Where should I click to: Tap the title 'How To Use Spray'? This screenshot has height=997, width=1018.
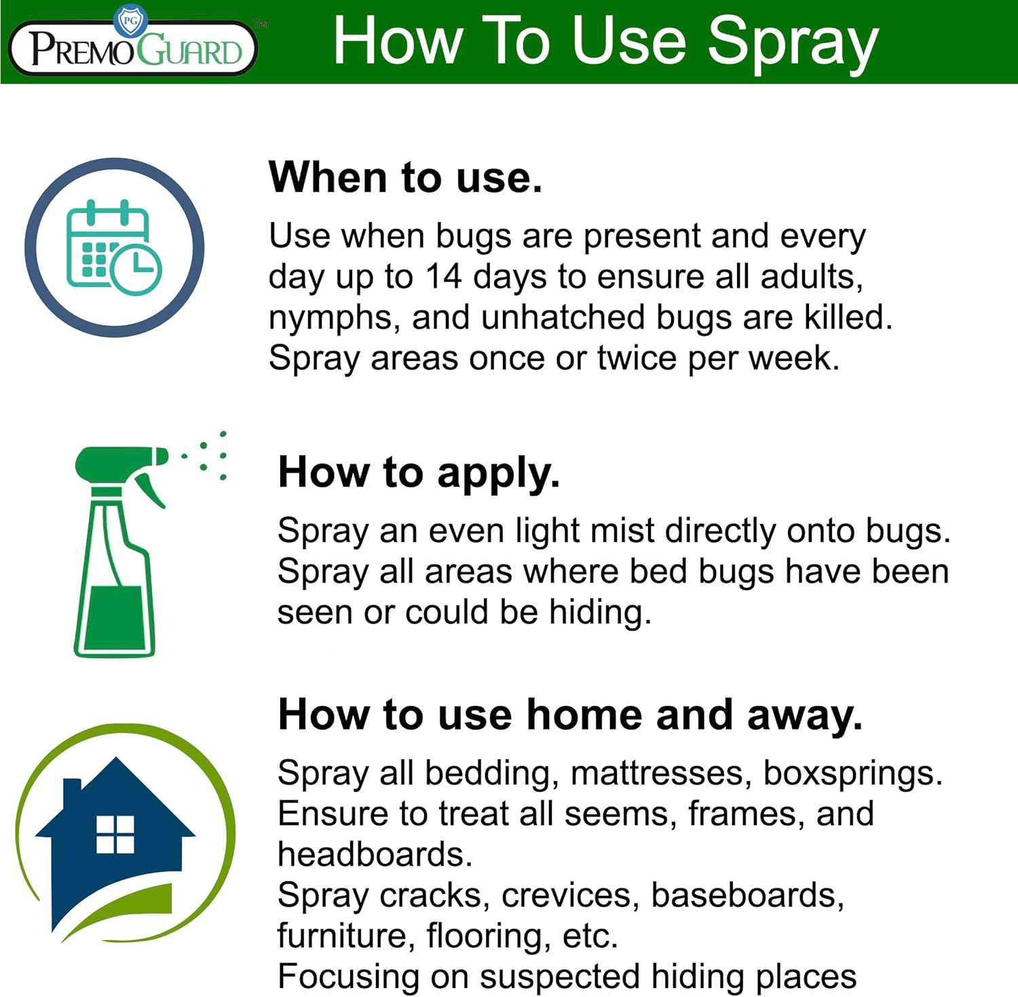[605, 42]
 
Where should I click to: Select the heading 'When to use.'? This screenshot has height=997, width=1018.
[405, 178]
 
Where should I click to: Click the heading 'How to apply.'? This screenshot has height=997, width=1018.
[419, 472]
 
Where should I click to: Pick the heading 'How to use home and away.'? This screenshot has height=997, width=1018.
[570, 715]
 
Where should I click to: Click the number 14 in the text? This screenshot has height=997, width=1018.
[444, 277]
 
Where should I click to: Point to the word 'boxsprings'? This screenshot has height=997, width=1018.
[851, 774]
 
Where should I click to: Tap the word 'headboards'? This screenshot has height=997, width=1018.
[373, 855]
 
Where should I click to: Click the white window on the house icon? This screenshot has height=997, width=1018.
[115, 834]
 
